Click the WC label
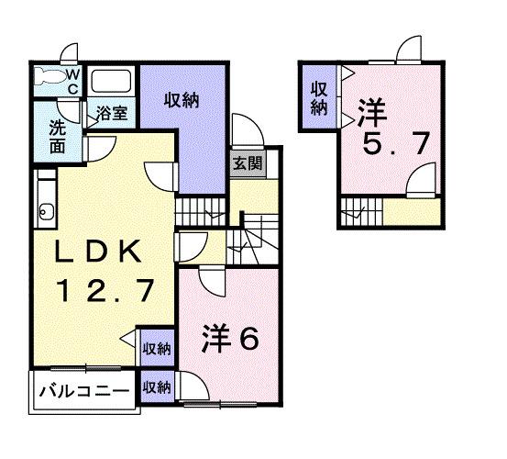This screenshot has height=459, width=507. (x=73, y=80)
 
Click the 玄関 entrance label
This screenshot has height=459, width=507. (x=244, y=165)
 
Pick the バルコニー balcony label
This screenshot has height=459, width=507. (x=84, y=391)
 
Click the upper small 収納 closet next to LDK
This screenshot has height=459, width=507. (x=157, y=348)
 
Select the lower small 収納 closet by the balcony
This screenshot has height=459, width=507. (x=157, y=388)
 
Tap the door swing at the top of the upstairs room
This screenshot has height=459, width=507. (x=408, y=49)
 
